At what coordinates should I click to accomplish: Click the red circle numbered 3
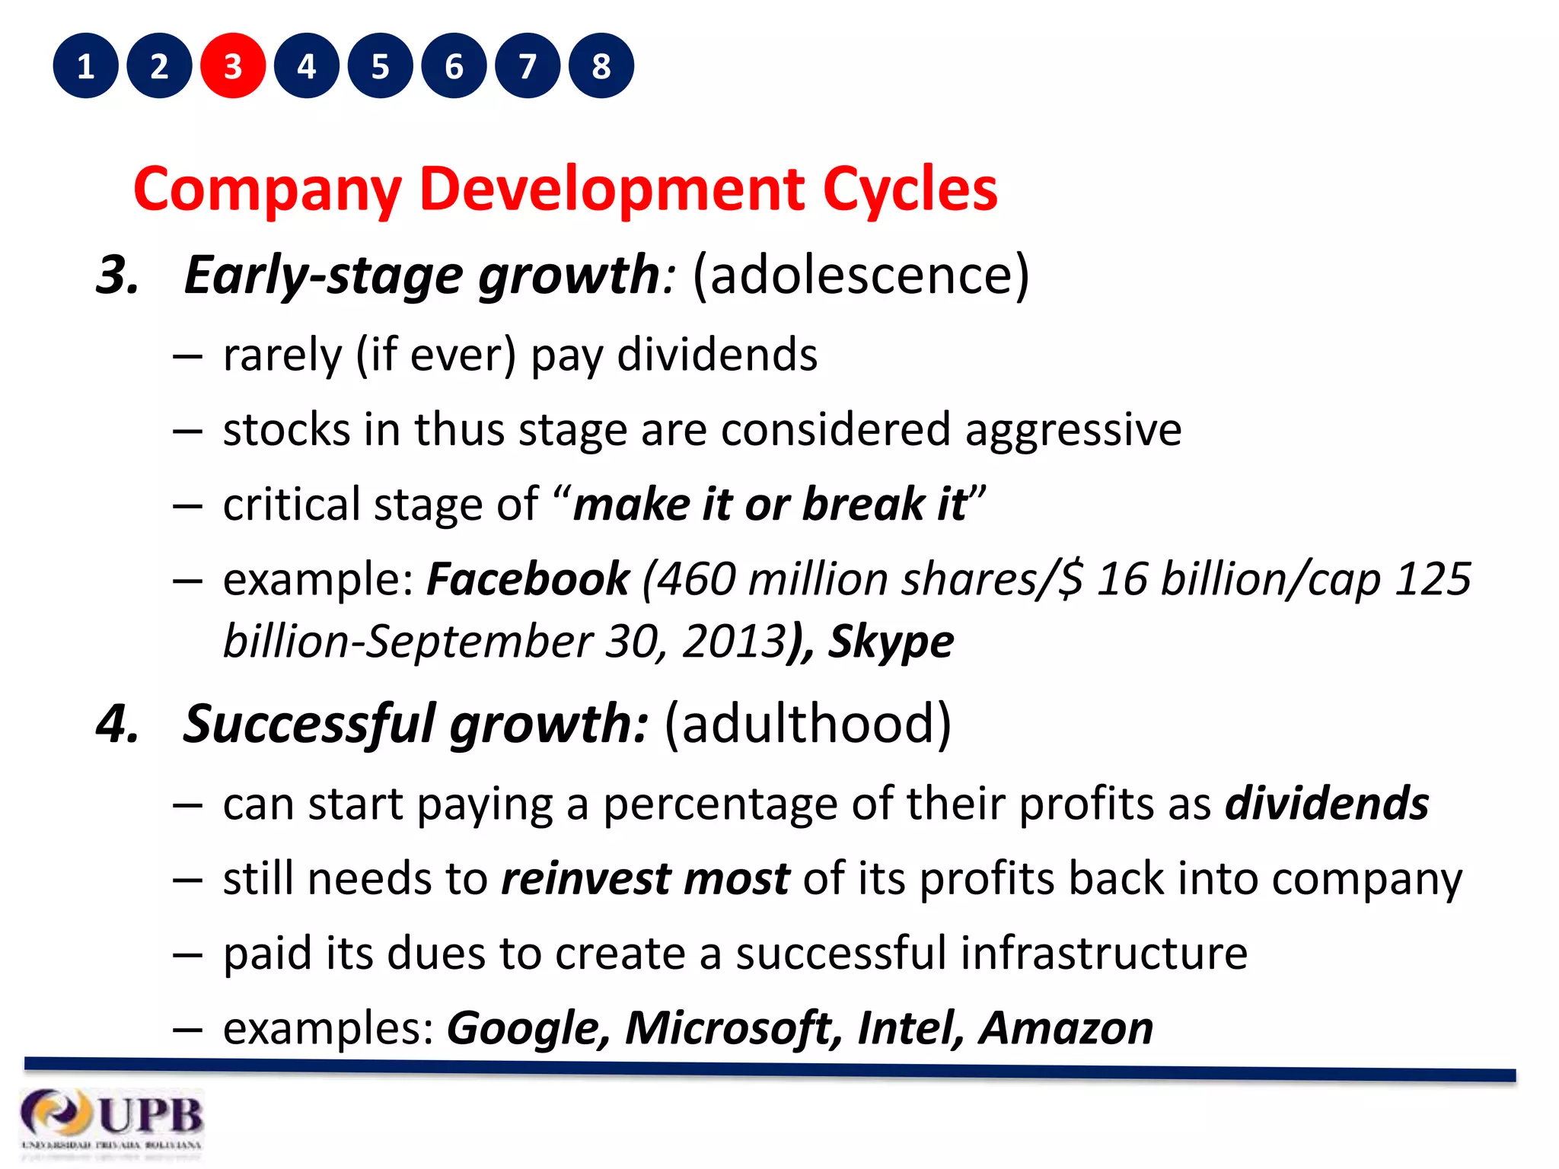coord(233,66)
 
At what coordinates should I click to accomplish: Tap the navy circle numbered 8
coord(601,66)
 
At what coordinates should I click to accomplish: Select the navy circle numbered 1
coord(85,66)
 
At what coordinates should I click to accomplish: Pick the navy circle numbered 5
coord(381,66)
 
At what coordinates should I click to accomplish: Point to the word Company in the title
coord(266,190)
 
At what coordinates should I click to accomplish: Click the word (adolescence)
coord(860,275)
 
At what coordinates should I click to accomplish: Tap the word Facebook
coord(528,579)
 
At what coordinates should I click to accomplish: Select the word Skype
coord(891,642)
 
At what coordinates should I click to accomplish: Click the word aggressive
coord(1073,430)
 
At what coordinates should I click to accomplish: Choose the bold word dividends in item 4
coord(1327,804)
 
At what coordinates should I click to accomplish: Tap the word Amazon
coord(1066,1028)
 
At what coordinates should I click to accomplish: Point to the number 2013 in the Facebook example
coord(734,642)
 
